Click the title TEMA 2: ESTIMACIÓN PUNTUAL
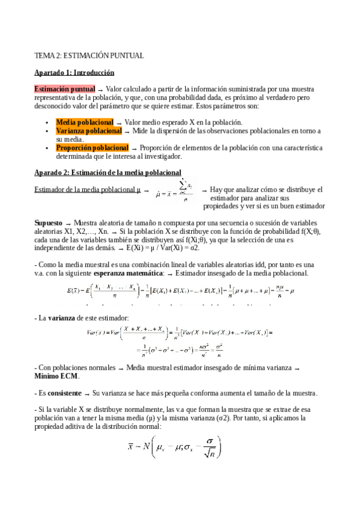pyautogui.click(x=89, y=56)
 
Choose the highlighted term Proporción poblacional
pyautogui.click(x=92, y=147)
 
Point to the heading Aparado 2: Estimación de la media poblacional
pyautogui.click(x=108, y=173)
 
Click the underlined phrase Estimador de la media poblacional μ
pyautogui.click(x=91, y=190)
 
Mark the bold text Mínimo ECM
pyautogui.click(x=56, y=376)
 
